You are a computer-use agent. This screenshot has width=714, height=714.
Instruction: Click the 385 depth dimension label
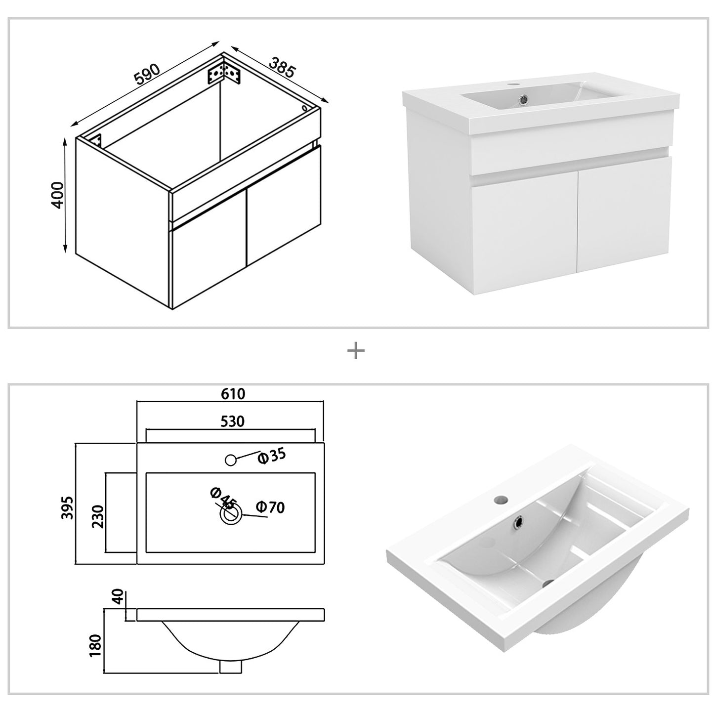point(282,67)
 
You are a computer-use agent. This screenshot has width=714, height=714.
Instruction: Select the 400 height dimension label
point(58,195)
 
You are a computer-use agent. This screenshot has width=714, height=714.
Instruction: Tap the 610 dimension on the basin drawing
point(233,394)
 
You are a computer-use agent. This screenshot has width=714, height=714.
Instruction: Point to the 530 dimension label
point(232,421)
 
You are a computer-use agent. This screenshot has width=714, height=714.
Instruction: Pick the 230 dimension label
point(98,516)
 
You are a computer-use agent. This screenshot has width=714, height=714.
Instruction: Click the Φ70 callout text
point(270,507)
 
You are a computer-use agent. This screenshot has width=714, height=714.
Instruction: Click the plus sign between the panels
point(356,351)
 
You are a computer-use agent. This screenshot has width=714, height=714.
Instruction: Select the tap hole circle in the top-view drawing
point(230,460)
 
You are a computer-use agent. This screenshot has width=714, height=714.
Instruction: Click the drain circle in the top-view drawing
point(231,515)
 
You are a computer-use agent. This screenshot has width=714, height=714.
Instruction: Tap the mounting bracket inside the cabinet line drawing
point(224,73)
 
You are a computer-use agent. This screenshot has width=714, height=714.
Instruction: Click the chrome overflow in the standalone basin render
point(519,521)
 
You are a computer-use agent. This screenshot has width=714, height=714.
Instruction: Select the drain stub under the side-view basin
point(230,667)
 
